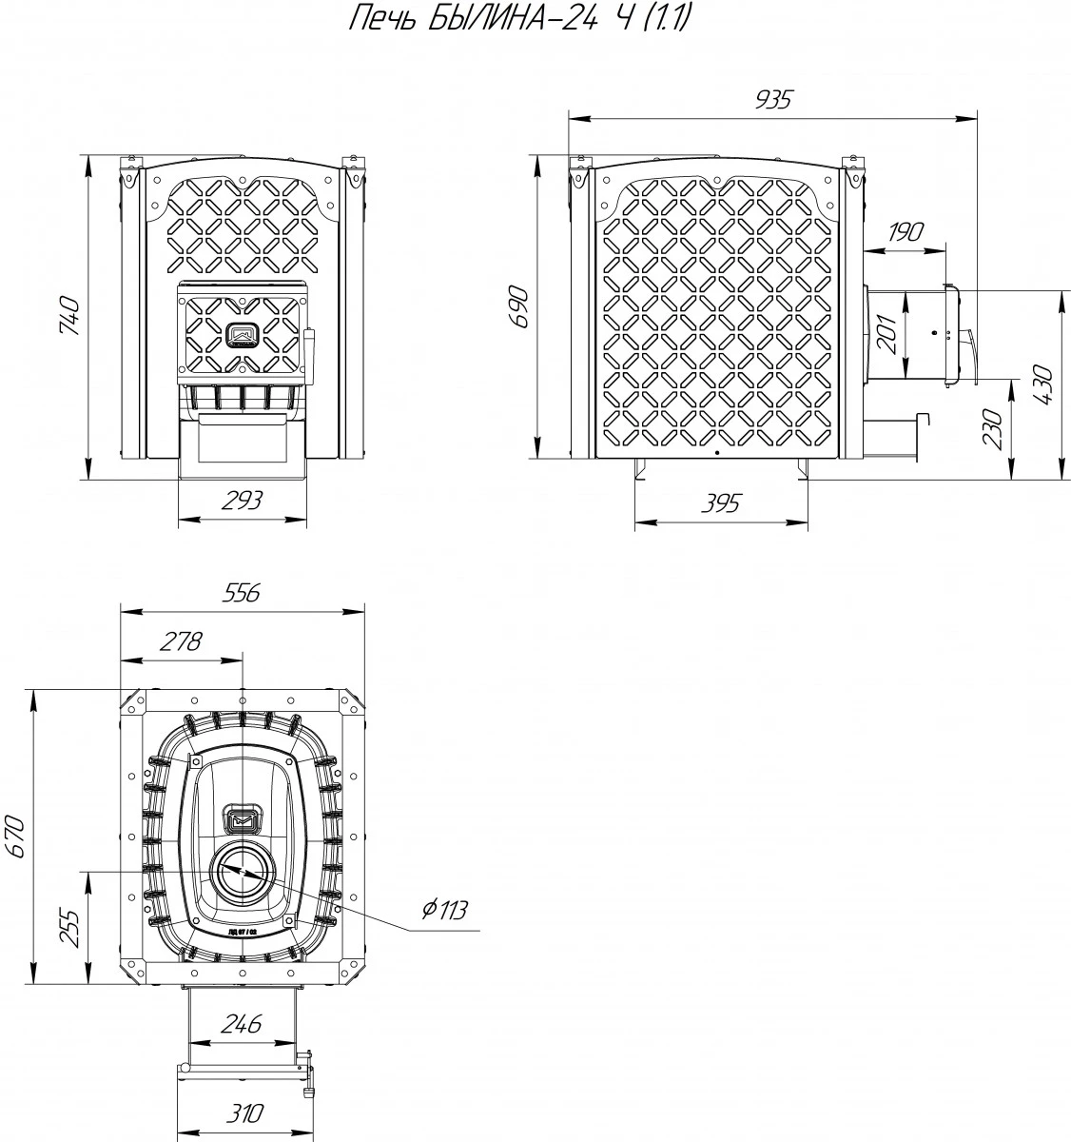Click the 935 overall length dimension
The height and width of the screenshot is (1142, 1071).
pyautogui.click(x=774, y=100)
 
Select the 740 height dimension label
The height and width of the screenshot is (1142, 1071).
pyautogui.click(x=70, y=316)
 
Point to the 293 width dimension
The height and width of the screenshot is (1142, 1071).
pyautogui.click(x=242, y=501)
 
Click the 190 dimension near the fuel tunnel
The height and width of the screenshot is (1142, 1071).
pyautogui.click(x=905, y=232)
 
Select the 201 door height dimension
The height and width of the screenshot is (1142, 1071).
pyautogui.click(x=887, y=334)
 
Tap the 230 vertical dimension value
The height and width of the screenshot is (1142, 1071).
pyautogui.click(x=993, y=428)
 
